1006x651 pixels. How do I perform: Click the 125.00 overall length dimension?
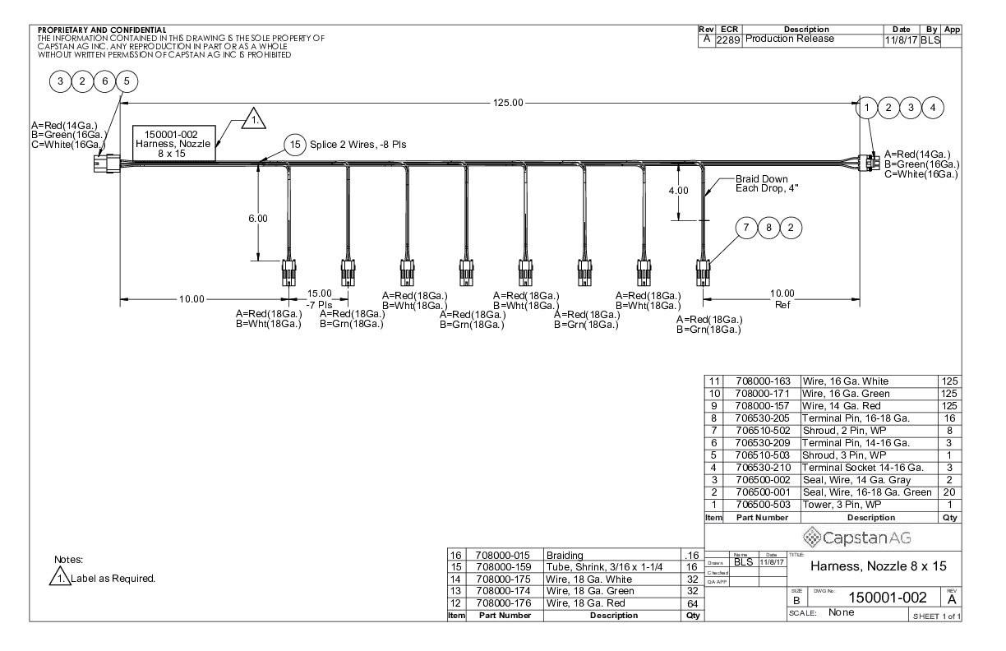point(506,103)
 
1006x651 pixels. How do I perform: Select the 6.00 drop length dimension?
point(258,219)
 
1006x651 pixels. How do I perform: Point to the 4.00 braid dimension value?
point(678,191)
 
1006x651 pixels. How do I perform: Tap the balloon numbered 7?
point(746,228)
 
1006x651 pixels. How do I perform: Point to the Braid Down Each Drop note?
point(762,184)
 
